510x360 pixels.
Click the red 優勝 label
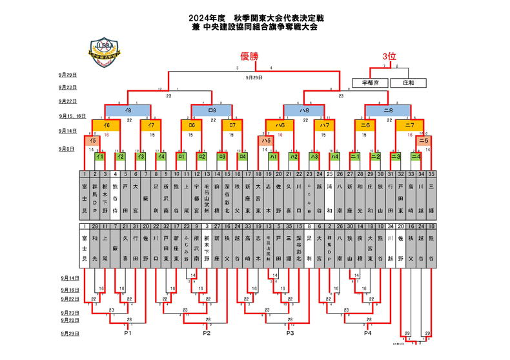click(249, 57)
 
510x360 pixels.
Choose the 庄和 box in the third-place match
click(408, 83)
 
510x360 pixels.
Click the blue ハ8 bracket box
click(305, 110)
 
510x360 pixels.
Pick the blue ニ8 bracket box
click(388, 110)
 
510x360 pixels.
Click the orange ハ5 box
click(265, 140)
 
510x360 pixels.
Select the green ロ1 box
click(182, 156)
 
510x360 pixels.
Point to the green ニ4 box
click(416, 156)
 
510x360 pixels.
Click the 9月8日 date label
click(68, 149)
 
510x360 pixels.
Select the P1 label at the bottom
click(128, 334)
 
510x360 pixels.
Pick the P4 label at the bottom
click(367, 334)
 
